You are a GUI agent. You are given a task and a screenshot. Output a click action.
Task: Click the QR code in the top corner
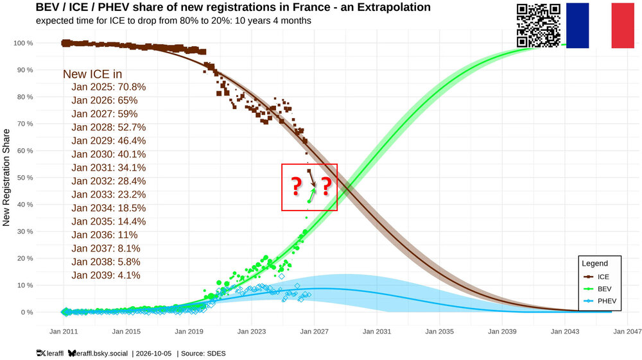click(x=539, y=26)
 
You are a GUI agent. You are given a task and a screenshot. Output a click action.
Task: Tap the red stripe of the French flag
click(x=622, y=26)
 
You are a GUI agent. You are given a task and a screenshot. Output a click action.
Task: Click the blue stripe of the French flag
click(x=577, y=26)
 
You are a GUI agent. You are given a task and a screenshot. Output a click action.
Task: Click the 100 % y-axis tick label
click(x=23, y=43)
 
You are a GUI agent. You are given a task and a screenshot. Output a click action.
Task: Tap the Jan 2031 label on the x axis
click(x=377, y=331)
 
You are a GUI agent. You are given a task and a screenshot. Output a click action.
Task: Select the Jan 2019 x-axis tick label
click(x=189, y=331)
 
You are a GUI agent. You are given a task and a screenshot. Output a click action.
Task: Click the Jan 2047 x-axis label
click(x=627, y=331)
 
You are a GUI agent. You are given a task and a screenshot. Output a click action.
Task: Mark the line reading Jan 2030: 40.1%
click(x=108, y=154)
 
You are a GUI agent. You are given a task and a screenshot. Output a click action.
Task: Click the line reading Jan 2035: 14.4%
click(x=108, y=221)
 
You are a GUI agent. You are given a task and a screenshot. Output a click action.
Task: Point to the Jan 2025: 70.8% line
click(x=108, y=87)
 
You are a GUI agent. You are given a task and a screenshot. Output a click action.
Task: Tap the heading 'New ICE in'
click(x=92, y=74)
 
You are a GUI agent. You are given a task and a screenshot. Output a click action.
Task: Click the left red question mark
click(x=296, y=187)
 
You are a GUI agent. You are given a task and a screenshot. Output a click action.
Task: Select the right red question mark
click(x=326, y=187)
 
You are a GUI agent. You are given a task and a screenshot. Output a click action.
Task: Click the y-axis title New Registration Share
click(x=6, y=178)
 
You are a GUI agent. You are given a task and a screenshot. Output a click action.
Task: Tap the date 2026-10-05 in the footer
click(x=153, y=354)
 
